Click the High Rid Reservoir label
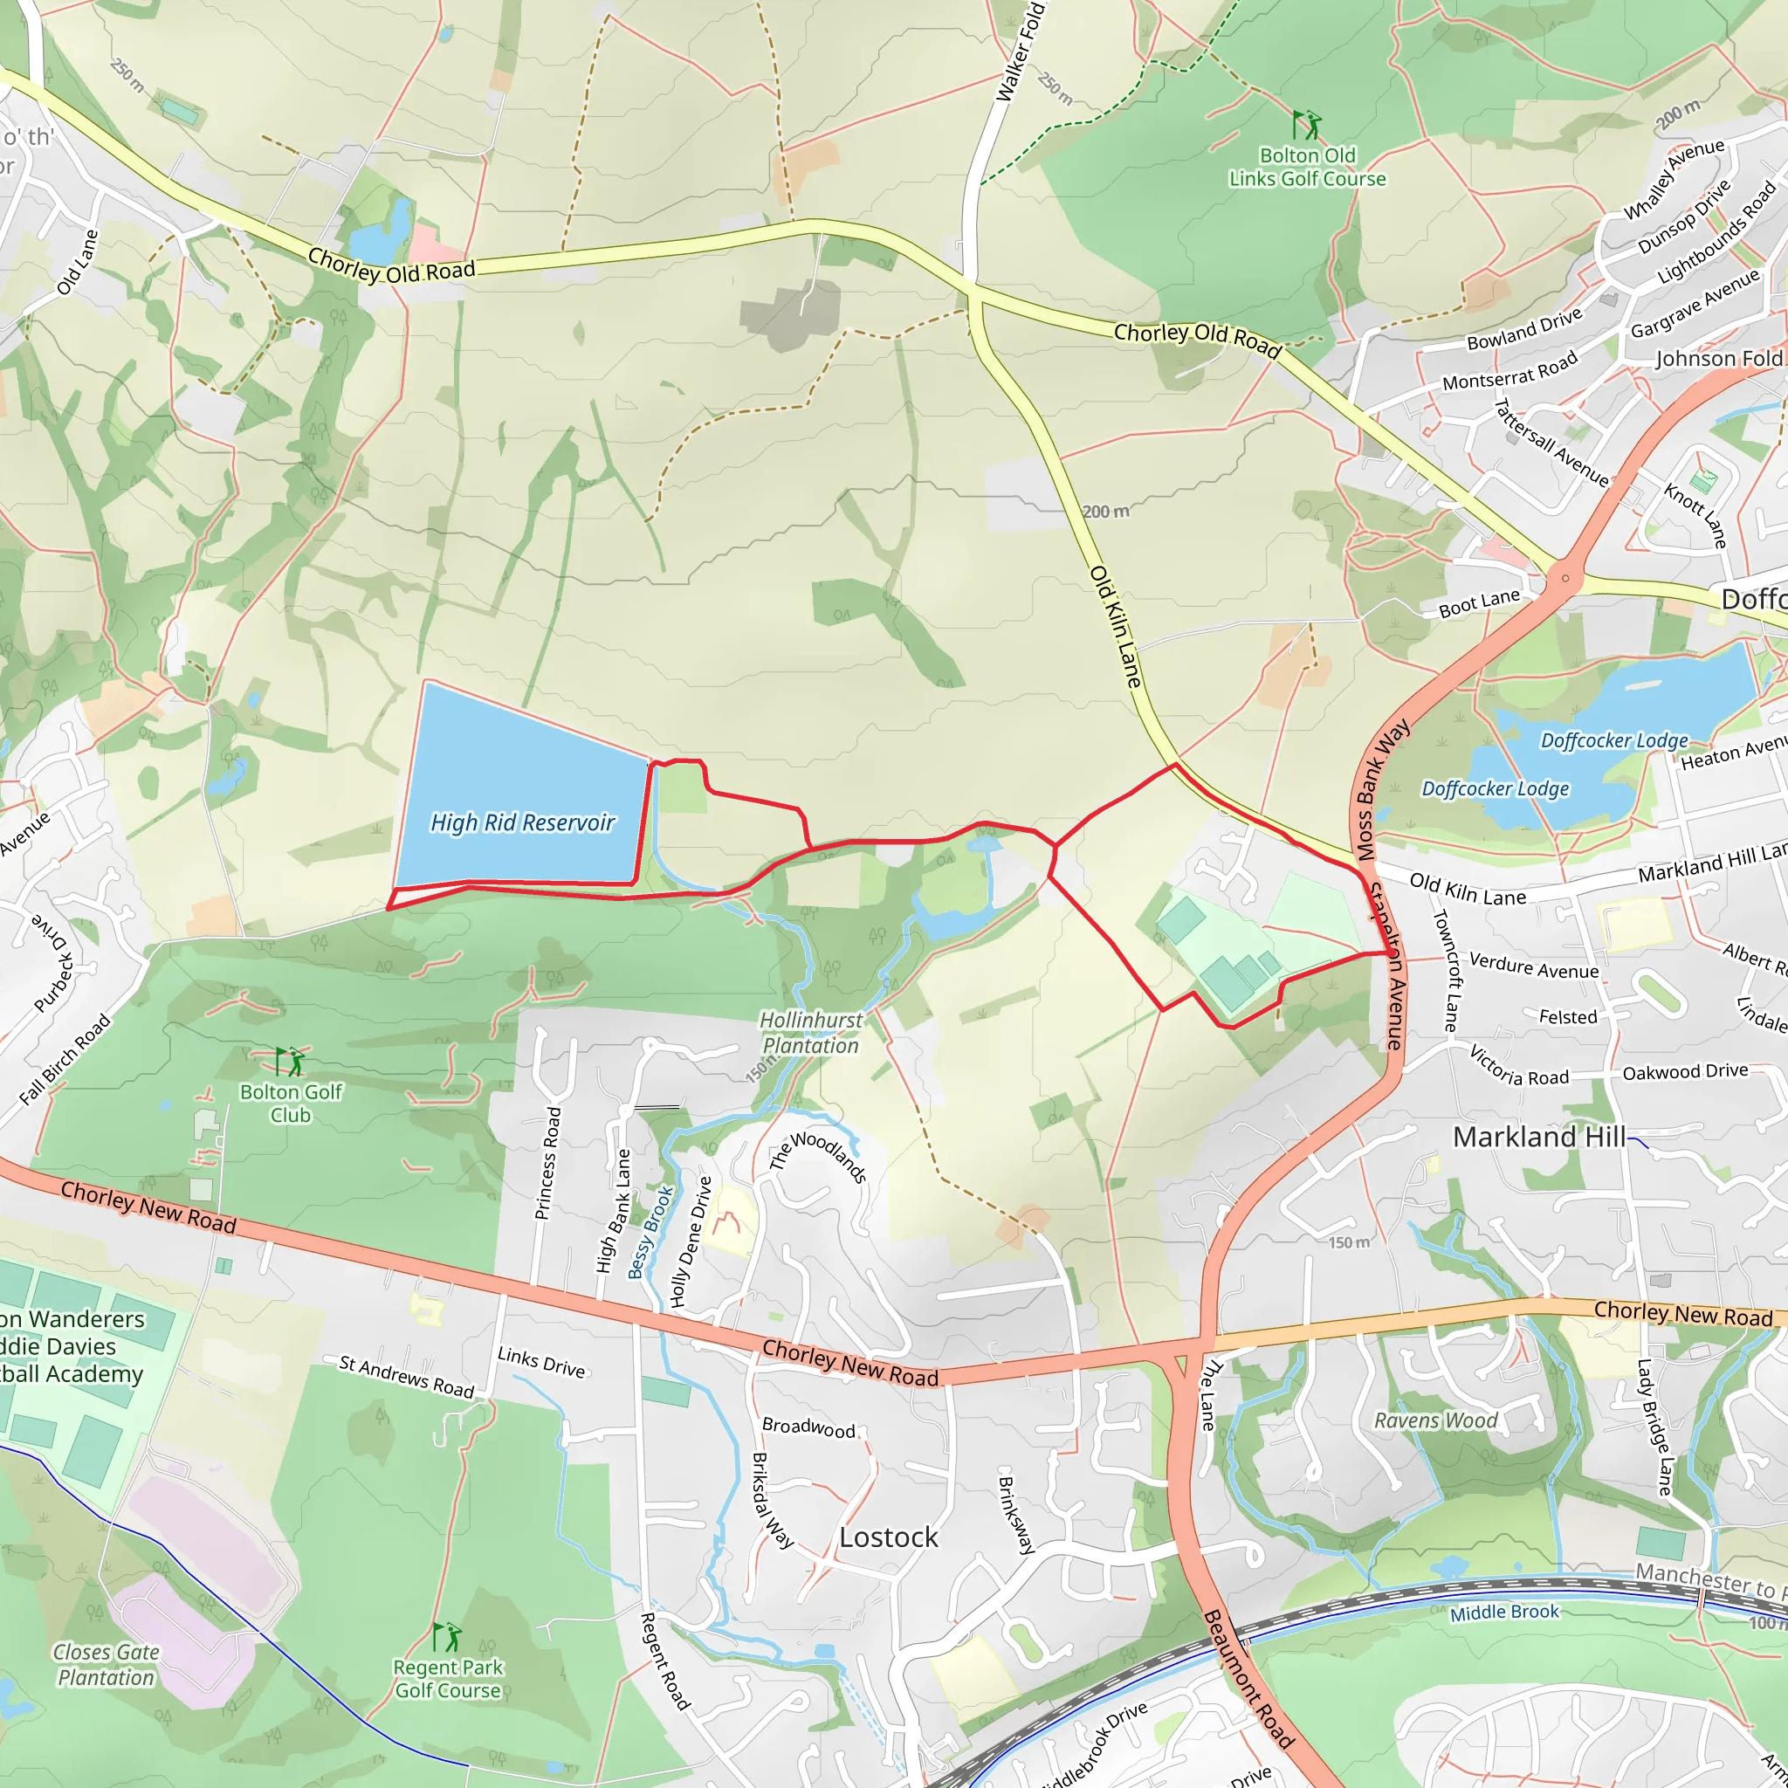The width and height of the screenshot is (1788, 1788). coord(523,822)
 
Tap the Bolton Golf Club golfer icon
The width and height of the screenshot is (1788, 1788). coord(290,1061)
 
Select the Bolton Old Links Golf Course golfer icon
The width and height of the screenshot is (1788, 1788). coord(1307,124)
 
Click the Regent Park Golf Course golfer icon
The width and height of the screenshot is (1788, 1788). coord(447,1637)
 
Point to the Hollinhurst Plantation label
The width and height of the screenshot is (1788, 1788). coord(811,1033)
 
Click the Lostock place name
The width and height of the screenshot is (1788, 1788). coord(889,1537)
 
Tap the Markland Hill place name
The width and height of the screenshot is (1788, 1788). coord(1539,1137)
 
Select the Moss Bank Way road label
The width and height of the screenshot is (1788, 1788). coord(1383,789)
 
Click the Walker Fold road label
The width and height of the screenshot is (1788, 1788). coord(1021,52)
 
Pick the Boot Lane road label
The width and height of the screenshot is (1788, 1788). coord(1479,603)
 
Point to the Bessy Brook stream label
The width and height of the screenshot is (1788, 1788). coord(650,1232)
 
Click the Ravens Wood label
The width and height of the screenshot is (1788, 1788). coord(1435,1420)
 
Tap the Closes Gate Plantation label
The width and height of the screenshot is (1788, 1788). coord(106,1665)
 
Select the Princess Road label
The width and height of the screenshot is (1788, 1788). coord(549,1163)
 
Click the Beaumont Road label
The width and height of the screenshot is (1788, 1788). coord(1248,1679)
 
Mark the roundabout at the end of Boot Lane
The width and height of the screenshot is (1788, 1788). coord(1565,579)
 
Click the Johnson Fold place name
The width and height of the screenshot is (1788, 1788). coord(1718,359)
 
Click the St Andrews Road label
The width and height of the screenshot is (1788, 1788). coord(406,1376)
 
